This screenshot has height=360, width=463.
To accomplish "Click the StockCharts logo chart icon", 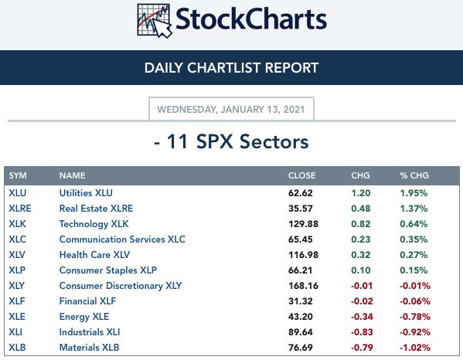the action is [x=155, y=21].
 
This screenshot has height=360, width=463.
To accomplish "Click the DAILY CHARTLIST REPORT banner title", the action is [x=231, y=68].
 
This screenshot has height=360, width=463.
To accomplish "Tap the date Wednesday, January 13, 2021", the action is [x=231, y=110].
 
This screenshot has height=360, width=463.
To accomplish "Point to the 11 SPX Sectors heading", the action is [x=231, y=141].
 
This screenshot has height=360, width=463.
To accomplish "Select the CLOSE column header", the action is [x=301, y=175].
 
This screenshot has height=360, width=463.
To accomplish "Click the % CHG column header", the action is [x=414, y=175].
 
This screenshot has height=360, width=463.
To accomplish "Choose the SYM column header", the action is [x=18, y=175].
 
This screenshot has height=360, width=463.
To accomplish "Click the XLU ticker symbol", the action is [x=18, y=193].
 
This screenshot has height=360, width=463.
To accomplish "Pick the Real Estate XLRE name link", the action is [x=96, y=209].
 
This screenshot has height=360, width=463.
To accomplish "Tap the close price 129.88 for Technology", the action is [x=303, y=224].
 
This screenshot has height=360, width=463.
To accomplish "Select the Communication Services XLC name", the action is [x=122, y=239].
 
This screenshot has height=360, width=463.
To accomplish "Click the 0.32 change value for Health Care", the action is [x=360, y=255].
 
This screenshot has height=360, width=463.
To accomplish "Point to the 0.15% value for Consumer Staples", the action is [x=414, y=270].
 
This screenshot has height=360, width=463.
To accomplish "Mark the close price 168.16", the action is [x=303, y=286].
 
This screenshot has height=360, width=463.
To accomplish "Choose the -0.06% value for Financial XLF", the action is [x=414, y=301].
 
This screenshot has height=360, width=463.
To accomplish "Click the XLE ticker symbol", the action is [x=17, y=317].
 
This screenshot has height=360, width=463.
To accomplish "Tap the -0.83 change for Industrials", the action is [x=362, y=332].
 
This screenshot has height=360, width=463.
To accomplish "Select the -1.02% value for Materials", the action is [x=414, y=348].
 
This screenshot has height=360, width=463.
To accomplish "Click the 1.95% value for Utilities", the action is [x=414, y=193].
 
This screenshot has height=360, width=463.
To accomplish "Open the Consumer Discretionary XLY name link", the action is [x=121, y=286].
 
